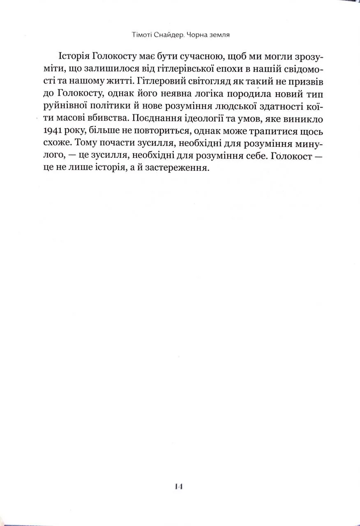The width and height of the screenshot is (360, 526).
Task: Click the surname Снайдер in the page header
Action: click(166, 35)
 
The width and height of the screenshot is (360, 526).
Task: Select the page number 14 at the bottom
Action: click(178, 486)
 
